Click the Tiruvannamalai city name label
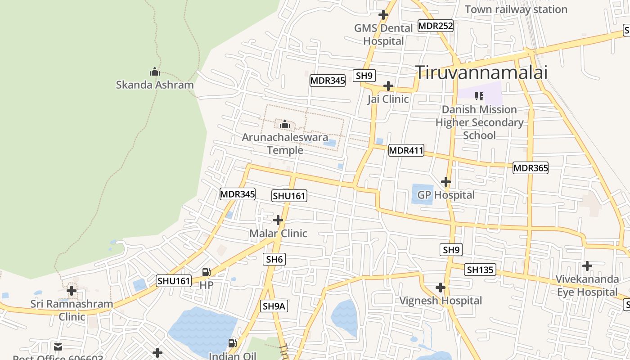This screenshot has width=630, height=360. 481,72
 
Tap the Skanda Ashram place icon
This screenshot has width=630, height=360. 155,72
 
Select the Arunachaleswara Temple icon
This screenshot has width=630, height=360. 284,124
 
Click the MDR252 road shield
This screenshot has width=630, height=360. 435,26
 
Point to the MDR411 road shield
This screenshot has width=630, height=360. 406,150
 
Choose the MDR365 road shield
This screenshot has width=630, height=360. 531,168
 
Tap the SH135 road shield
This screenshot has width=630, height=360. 481,270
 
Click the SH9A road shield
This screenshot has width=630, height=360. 274,306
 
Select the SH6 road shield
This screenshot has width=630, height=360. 274,259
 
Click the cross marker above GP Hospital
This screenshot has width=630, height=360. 445,182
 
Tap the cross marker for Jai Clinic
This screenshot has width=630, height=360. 388,86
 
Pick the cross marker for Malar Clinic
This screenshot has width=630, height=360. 278,220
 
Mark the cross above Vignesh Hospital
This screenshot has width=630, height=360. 441,288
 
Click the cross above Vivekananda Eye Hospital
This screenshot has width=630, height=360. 587,266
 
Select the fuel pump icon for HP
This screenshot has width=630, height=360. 206,272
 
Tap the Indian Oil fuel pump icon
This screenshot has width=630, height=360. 232,343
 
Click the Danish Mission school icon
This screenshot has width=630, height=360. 479,96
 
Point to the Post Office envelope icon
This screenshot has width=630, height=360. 58,346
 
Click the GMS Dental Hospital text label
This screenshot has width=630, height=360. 383,35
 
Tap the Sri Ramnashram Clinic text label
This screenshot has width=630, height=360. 72,310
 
